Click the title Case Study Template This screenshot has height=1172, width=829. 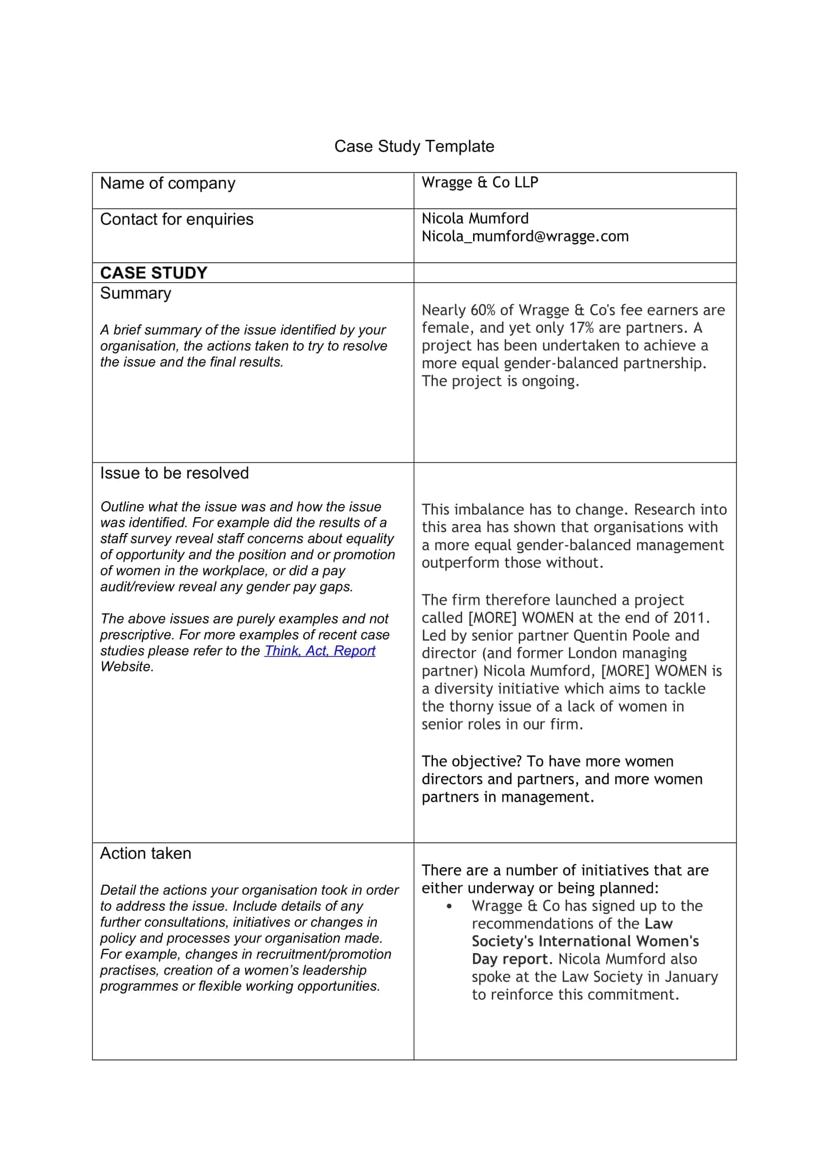click(x=414, y=146)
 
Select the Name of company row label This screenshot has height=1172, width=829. click(x=167, y=183)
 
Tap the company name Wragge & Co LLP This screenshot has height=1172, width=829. click(x=479, y=182)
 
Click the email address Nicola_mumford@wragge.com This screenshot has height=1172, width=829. click(x=525, y=237)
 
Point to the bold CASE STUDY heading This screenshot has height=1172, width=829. click(x=154, y=273)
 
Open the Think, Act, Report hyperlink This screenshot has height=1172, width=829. click(x=320, y=651)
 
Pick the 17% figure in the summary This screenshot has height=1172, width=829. click(x=581, y=328)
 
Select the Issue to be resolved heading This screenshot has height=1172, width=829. click(x=174, y=473)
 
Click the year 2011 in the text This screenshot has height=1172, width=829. click(x=691, y=618)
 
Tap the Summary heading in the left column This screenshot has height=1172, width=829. click(x=135, y=294)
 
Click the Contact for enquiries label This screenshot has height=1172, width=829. click(x=176, y=219)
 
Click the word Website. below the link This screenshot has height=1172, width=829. click(x=127, y=666)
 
